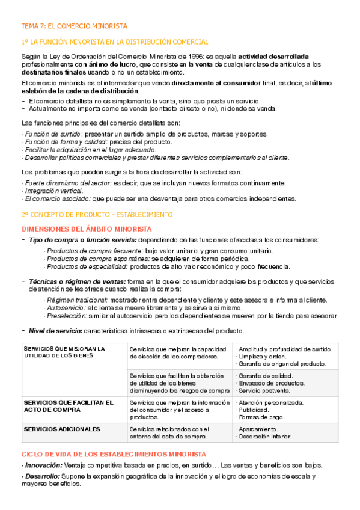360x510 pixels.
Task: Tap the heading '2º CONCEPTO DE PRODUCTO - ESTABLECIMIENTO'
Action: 97,214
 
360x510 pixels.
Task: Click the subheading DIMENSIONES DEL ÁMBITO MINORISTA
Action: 87,229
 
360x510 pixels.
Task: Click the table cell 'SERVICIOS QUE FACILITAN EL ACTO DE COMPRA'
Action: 67,406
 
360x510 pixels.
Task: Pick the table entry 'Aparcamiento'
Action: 258,429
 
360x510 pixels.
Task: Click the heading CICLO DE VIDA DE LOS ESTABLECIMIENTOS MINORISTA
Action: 114,454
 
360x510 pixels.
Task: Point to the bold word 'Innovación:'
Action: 43,465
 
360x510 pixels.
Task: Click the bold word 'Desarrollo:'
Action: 41,476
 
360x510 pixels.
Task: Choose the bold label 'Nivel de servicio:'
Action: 56,331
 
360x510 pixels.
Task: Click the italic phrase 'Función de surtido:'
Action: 49,134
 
